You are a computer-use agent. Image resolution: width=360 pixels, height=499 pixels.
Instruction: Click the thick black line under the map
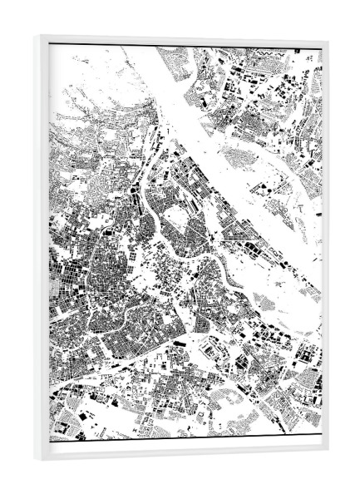pos(183,442)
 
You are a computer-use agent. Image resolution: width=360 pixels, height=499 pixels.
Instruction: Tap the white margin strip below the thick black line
pos(183,448)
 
